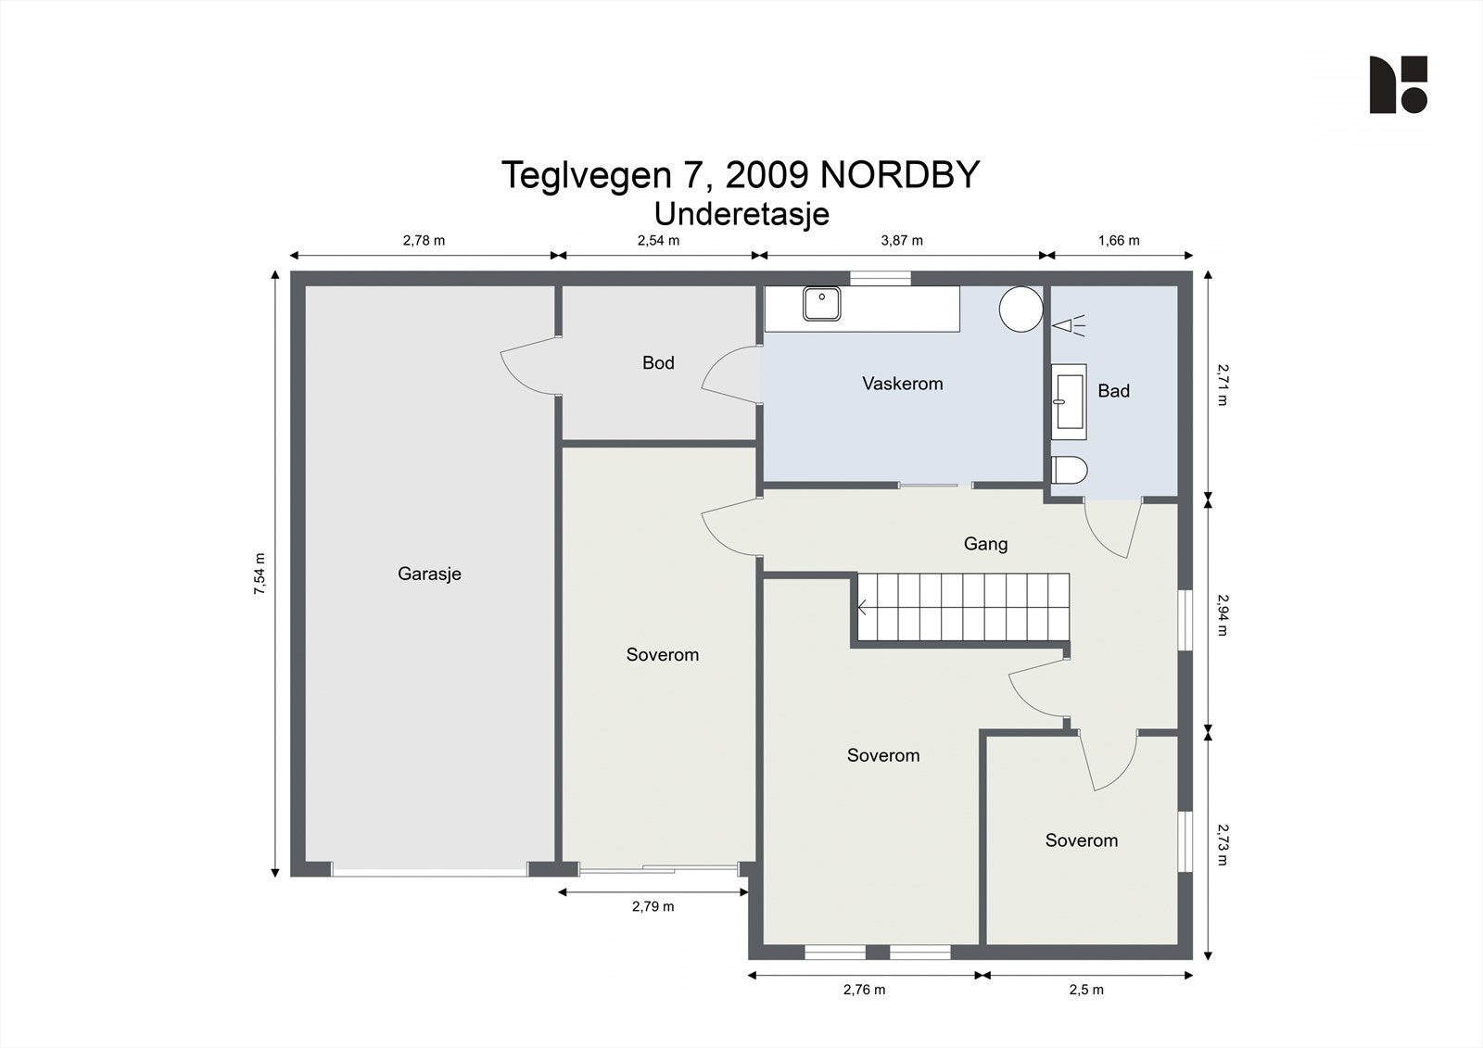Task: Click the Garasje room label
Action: pyautogui.click(x=429, y=574)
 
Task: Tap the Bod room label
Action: pyautogui.click(x=658, y=363)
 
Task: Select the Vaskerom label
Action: pyautogui.click(x=903, y=384)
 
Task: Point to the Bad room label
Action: pyautogui.click(x=1113, y=391)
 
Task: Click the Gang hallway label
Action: pyautogui.click(x=986, y=544)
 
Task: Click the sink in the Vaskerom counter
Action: pyautogui.click(x=821, y=304)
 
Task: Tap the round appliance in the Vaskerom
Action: pyautogui.click(x=1020, y=309)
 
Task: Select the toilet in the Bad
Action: pyautogui.click(x=1070, y=470)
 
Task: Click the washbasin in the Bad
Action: pyautogui.click(x=1070, y=401)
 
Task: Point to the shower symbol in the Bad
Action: pyautogui.click(x=1069, y=326)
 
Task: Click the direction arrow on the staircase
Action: pyautogui.click(x=863, y=607)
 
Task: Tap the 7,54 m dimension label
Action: pyautogui.click(x=260, y=574)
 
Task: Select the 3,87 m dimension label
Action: pyautogui.click(x=902, y=240)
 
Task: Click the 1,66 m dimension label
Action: pyautogui.click(x=1119, y=240)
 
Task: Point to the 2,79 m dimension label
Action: pyautogui.click(x=653, y=906)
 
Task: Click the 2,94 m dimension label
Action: pyautogui.click(x=1223, y=614)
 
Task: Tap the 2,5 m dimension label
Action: pyautogui.click(x=1086, y=990)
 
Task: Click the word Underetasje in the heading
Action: pyautogui.click(x=741, y=214)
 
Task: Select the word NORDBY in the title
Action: pyautogui.click(x=899, y=175)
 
